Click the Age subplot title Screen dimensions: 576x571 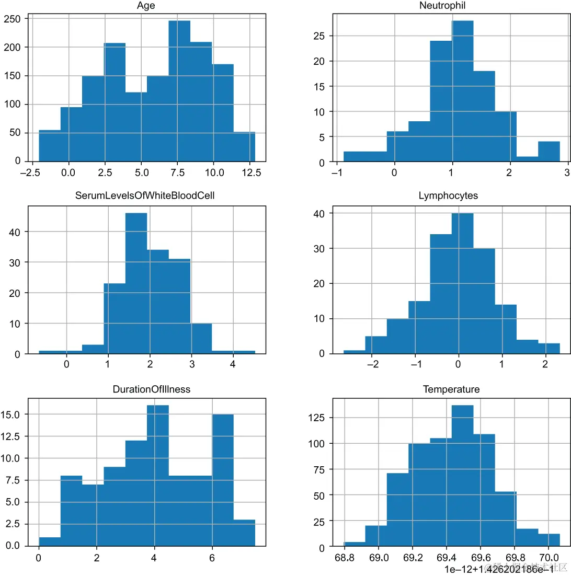coord(146,6)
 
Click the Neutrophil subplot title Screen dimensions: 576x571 coord(442,6)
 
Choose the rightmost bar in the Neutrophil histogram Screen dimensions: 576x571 coord(549,152)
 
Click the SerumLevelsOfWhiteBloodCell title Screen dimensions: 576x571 coord(146,195)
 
